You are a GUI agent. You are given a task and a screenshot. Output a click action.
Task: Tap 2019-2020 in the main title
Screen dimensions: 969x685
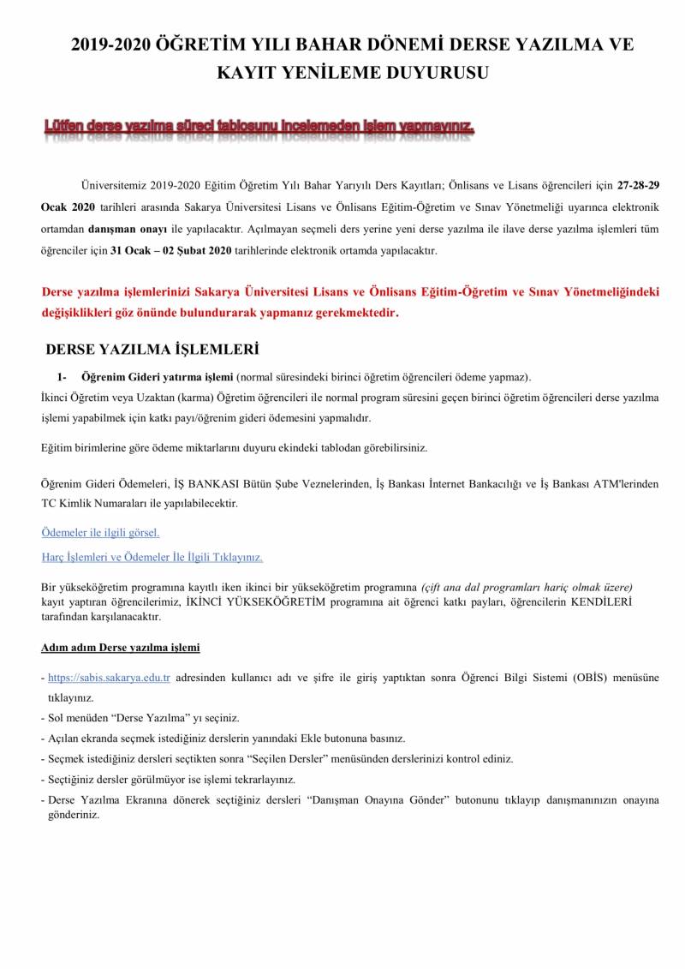point(111,45)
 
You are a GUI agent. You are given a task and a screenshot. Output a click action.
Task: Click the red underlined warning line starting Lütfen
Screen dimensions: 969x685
point(259,129)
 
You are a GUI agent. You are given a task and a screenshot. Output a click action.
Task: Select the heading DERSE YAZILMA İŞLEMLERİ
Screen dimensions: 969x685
point(152,350)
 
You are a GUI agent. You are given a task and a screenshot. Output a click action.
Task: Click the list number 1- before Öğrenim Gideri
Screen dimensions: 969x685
point(62,376)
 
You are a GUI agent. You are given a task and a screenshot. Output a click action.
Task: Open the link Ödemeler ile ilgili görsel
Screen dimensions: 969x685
point(100,532)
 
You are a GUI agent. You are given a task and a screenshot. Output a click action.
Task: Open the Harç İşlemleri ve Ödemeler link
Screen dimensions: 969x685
point(152,557)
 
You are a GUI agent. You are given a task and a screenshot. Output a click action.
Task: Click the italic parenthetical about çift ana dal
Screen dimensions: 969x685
point(527,588)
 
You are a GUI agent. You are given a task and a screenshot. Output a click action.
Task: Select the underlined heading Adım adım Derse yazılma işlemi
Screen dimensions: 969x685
point(121,647)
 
